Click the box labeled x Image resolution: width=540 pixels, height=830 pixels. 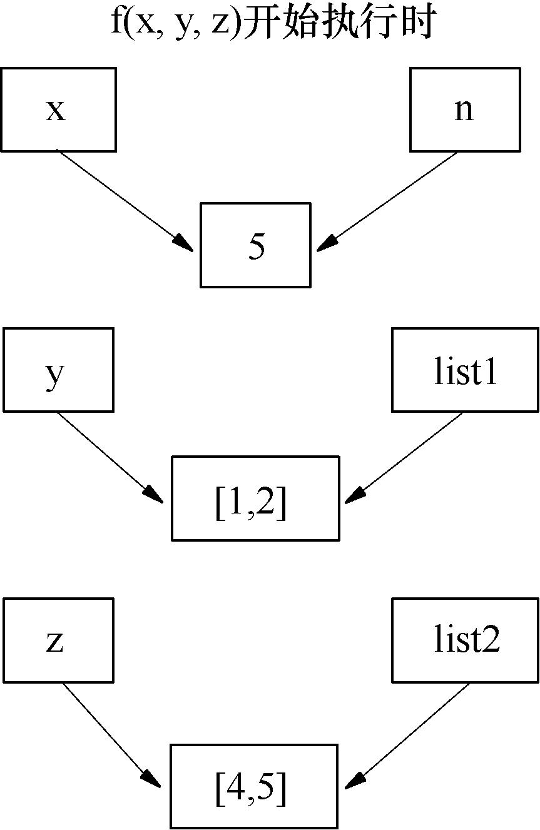[58, 109]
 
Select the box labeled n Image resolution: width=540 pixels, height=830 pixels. [465, 109]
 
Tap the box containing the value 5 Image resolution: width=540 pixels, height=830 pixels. [255, 245]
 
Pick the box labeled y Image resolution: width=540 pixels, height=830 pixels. [58, 370]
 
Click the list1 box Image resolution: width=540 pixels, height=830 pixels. [465, 370]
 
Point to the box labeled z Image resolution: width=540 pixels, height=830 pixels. [58, 640]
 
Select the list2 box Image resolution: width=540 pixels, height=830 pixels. [465, 640]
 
